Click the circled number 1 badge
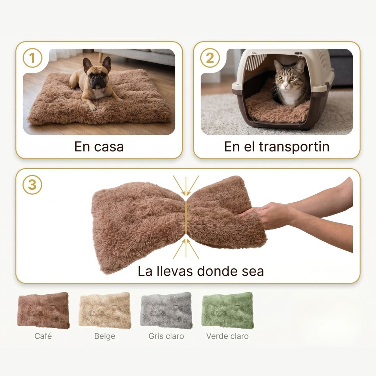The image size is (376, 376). (32, 58)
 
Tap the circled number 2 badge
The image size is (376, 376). (210, 58)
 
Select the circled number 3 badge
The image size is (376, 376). (32, 185)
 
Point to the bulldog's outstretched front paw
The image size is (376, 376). (92, 107)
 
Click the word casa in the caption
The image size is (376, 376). (109, 147)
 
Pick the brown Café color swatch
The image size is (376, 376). (44, 310)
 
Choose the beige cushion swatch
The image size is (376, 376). (105, 310)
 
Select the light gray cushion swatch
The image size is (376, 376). (166, 310)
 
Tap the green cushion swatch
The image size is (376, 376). (228, 310)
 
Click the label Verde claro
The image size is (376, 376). (227, 336)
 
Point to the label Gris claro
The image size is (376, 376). (166, 336)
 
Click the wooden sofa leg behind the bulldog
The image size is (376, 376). (101, 57)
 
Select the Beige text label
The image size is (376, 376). (105, 336)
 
